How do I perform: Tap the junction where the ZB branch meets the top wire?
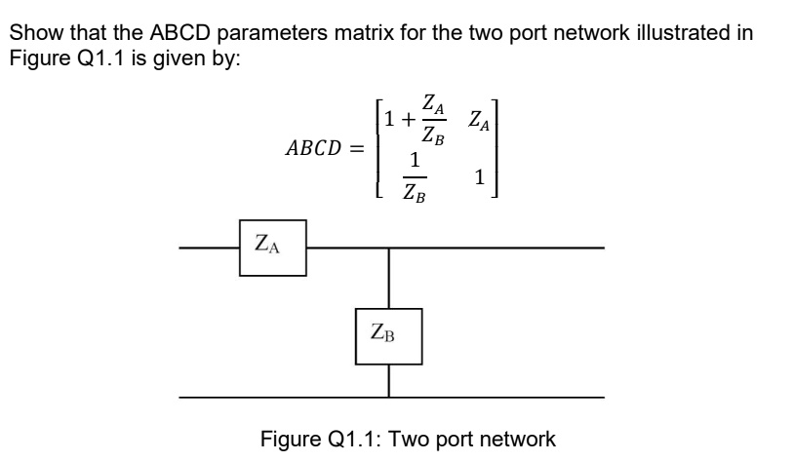coord(389,248)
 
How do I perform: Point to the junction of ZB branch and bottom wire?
coord(389,398)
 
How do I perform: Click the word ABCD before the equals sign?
coord(314,148)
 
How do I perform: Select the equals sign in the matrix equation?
coord(358,149)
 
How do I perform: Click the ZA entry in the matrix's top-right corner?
coord(479,121)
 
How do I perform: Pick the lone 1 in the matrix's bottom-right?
coord(480,177)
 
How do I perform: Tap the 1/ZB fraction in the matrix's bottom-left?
coord(415,177)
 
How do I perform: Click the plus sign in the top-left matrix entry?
coord(408,120)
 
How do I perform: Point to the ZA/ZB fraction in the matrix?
coord(433,120)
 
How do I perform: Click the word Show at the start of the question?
coord(37,33)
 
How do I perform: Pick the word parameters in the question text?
coord(272,34)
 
